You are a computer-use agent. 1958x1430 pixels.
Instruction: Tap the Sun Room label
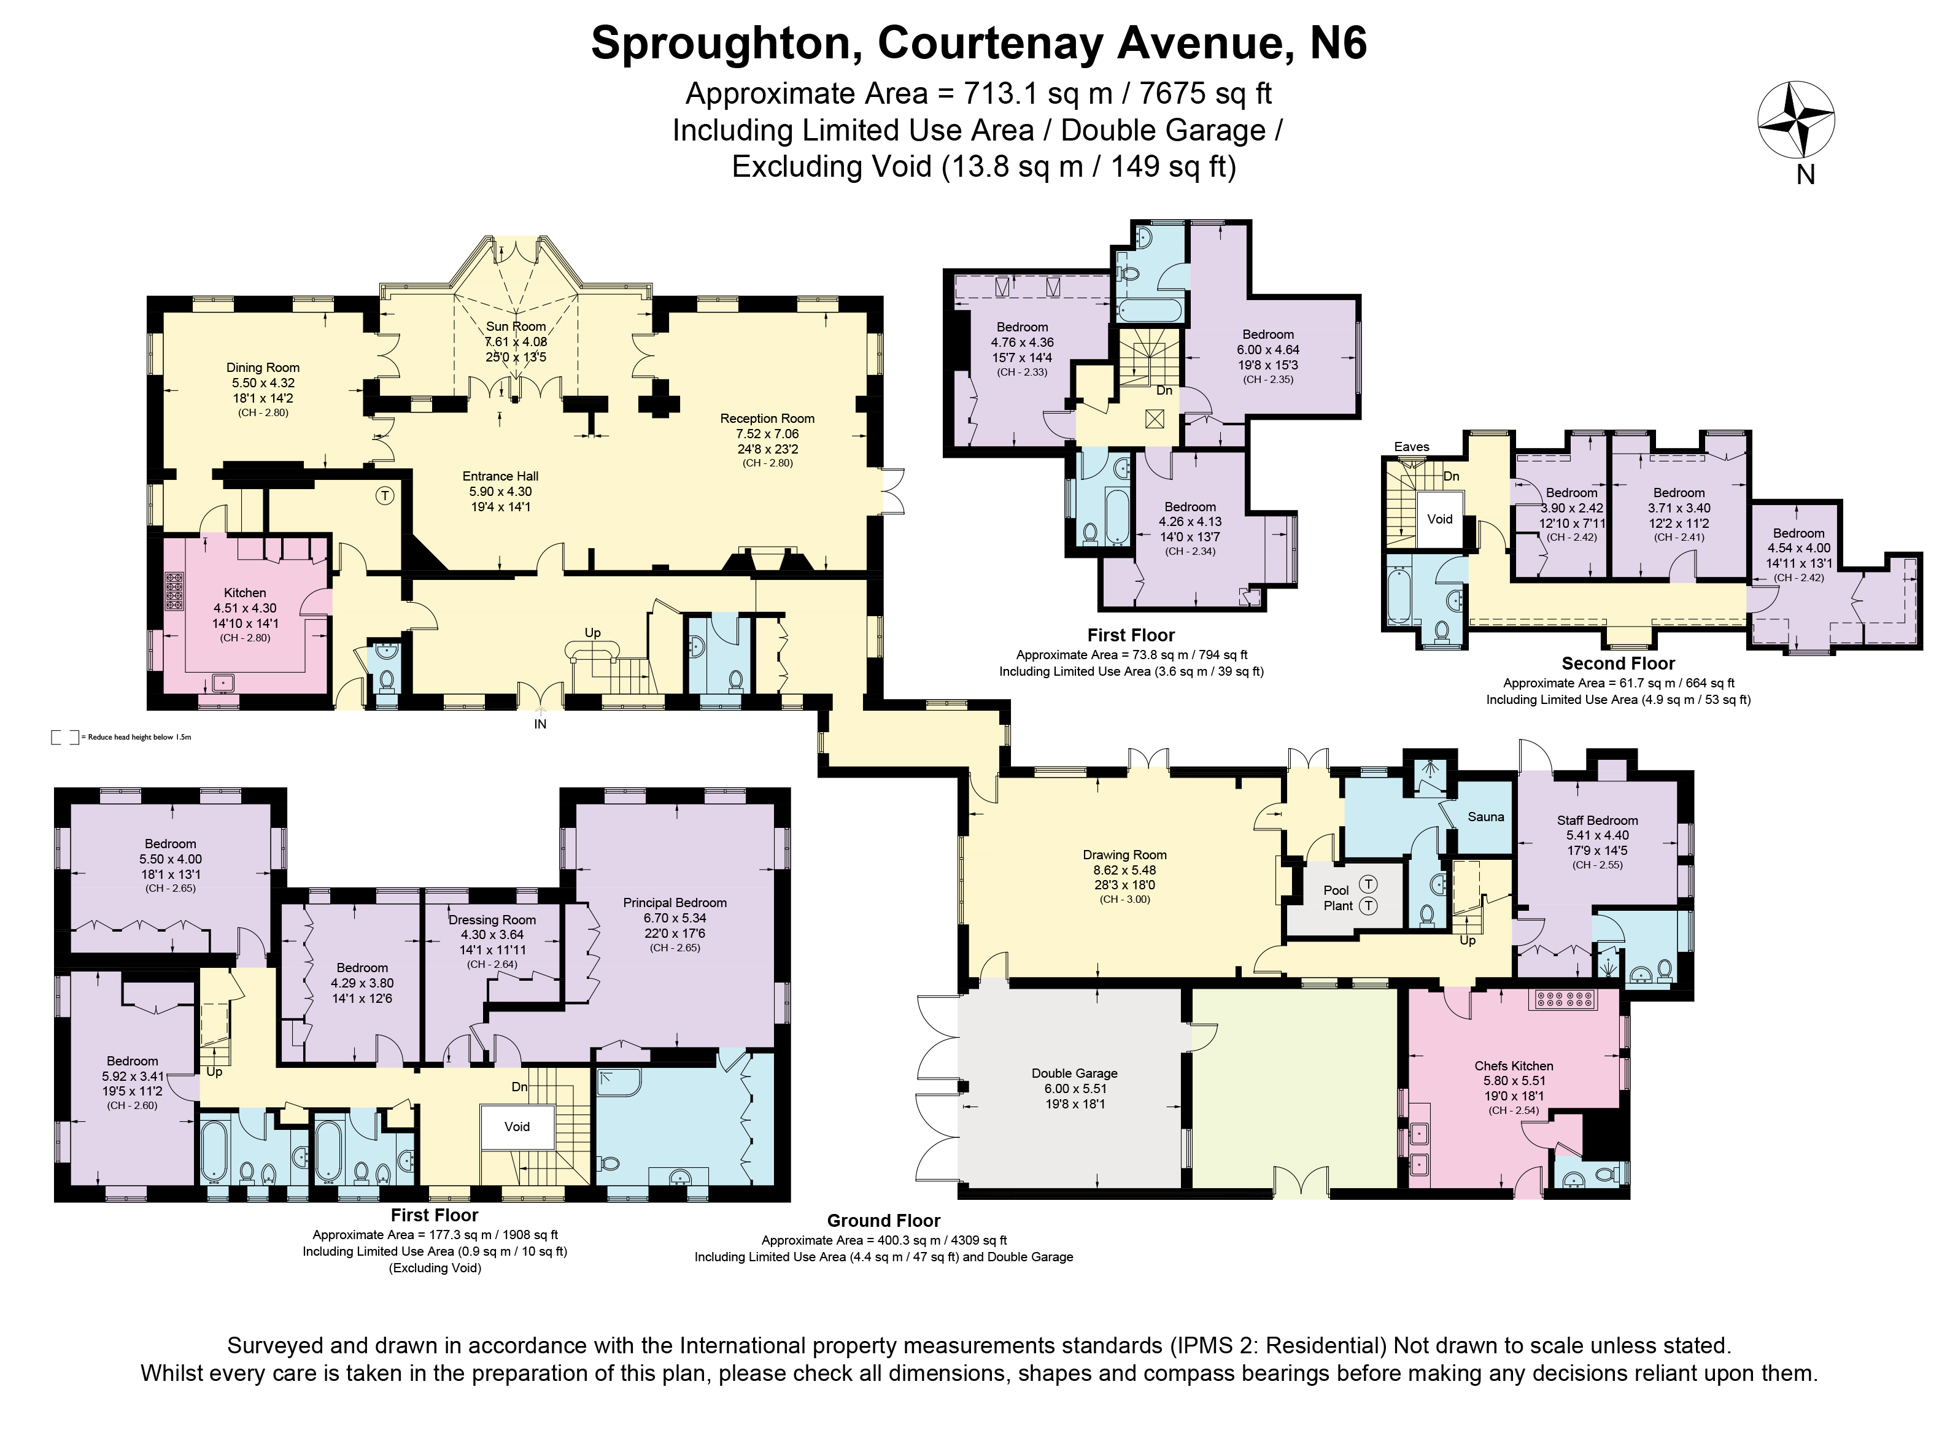pos(516,327)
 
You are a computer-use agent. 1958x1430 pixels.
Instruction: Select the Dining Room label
pos(263,367)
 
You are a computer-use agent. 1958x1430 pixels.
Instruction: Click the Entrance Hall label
pos(500,476)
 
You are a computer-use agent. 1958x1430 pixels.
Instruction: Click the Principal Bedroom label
pos(675,903)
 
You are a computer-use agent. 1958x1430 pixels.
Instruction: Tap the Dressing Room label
pos(492,920)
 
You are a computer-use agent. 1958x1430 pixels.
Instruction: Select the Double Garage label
pos(1075,1073)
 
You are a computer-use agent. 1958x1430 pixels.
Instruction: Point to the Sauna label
pos(1486,817)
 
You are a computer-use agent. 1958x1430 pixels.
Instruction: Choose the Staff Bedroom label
pos(1597,821)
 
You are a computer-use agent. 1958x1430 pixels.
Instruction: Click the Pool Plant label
pos(1337,898)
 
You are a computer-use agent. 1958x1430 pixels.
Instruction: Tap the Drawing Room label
pos(1124,855)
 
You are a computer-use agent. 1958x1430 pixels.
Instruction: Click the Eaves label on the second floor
pos(1412,447)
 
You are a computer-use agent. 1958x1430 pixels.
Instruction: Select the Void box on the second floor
pos(1441,519)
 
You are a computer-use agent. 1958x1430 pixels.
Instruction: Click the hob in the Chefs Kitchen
pos(1566,1000)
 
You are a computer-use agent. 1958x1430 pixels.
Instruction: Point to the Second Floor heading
pos(1618,664)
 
